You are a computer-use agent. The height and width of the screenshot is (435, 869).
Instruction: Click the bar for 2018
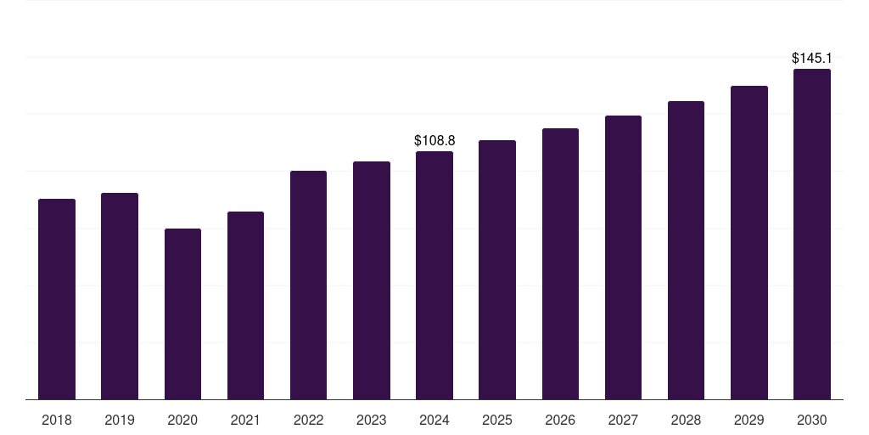(x=57, y=299)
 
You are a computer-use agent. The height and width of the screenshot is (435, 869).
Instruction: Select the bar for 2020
(x=182, y=314)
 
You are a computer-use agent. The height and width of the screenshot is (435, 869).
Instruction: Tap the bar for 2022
(x=308, y=285)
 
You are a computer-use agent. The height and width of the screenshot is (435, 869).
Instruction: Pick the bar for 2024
(x=434, y=275)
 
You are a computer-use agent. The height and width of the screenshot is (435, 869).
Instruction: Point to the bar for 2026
(x=560, y=264)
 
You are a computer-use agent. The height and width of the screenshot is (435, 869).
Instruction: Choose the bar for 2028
(x=686, y=251)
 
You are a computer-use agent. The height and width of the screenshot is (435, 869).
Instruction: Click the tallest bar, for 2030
(x=812, y=234)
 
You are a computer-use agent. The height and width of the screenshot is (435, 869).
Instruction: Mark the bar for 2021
(x=245, y=306)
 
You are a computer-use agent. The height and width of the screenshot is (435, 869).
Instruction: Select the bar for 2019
(x=120, y=297)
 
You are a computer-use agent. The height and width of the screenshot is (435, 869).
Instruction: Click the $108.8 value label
(x=434, y=139)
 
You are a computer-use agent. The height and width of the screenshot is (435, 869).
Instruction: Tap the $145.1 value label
(x=812, y=58)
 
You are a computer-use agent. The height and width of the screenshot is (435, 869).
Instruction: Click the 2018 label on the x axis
(x=57, y=420)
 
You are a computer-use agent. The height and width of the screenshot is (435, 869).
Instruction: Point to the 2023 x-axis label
(x=372, y=420)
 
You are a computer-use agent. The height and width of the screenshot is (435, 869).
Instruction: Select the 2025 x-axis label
(x=497, y=420)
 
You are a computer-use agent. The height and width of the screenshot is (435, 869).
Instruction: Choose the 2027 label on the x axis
(x=623, y=420)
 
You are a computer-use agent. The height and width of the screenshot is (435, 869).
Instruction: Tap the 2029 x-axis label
(x=749, y=420)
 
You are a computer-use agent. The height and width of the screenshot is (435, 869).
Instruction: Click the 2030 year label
(x=812, y=420)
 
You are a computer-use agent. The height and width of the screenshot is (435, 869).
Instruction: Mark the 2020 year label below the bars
(x=182, y=420)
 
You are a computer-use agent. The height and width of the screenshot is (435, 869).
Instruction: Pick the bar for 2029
(x=749, y=243)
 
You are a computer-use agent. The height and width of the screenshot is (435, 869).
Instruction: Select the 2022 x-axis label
(x=308, y=420)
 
